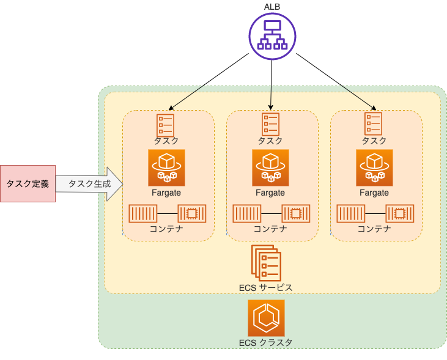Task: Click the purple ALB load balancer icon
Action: [x=272, y=36]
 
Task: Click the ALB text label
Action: [x=272, y=6]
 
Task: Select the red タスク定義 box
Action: [x=28, y=183]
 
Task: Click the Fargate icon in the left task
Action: [x=166, y=167]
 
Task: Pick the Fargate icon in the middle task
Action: [x=270, y=167]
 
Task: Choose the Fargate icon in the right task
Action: [x=374, y=167]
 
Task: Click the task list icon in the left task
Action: [x=166, y=124]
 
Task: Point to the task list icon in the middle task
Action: [x=270, y=124]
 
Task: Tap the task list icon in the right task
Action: [x=374, y=124]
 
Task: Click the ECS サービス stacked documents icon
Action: [x=265, y=263]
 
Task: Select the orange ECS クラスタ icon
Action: [x=266, y=317]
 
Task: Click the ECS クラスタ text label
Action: [x=266, y=342]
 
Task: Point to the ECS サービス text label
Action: [x=266, y=287]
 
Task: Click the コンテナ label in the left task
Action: [x=166, y=229]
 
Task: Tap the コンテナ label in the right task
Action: [x=374, y=229]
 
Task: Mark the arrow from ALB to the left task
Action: [x=208, y=81]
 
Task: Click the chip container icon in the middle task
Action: [x=295, y=213]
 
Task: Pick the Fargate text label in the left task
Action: [x=166, y=193]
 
